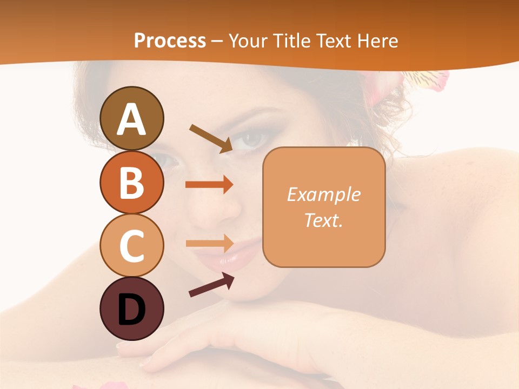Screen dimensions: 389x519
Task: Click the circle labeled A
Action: pyautogui.click(x=132, y=118)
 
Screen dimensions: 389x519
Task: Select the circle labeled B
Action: pyautogui.click(x=132, y=182)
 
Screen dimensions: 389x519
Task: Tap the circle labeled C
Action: pyautogui.click(x=132, y=245)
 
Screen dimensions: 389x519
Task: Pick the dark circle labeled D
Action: pyautogui.click(x=132, y=309)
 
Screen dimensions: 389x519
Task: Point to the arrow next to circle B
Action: pyautogui.click(x=209, y=185)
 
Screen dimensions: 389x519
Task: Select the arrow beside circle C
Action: pyautogui.click(x=209, y=243)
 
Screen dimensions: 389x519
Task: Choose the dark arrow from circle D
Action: pyautogui.click(x=211, y=285)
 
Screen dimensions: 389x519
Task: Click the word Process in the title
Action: pyautogui.click(x=170, y=41)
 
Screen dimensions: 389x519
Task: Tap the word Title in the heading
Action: pyautogui.click(x=294, y=41)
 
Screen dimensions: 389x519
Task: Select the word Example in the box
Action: pyautogui.click(x=324, y=194)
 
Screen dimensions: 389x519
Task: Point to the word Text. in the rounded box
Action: pyautogui.click(x=324, y=220)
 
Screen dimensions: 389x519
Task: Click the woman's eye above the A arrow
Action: pyautogui.click(x=251, y=139)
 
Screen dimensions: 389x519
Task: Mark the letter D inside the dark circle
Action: pyautogui.click(x=132, y=310)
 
